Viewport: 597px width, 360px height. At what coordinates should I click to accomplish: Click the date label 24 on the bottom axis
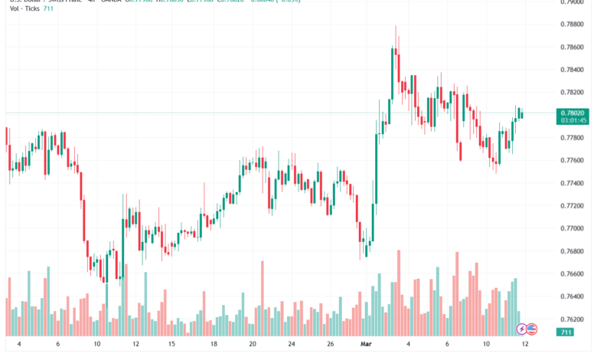(292, 345)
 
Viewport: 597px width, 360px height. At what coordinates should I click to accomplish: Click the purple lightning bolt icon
(522, 329)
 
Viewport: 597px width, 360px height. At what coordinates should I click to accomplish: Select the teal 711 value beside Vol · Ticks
(50, 8)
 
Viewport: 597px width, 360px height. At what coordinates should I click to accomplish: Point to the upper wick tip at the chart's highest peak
(396, 26)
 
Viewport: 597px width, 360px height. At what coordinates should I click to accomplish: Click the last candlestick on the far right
(521, 115)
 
